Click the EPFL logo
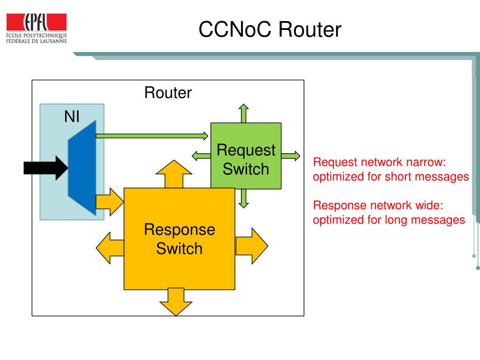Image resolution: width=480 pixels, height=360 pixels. point(37,28)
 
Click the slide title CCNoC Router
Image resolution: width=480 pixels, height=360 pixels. point(270,30)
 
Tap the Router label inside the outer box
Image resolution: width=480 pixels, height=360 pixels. point(168,92)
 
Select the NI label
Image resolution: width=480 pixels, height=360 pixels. point(72,116)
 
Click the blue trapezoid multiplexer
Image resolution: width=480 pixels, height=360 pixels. point(82,168)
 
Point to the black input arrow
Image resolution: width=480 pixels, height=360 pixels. point(46,168)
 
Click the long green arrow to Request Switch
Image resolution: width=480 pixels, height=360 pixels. point(152,135)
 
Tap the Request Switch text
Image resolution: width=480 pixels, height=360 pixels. point(246,159)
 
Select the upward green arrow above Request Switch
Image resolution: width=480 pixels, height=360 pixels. point(243,113)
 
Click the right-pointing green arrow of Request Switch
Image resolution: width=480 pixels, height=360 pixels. point(291,156)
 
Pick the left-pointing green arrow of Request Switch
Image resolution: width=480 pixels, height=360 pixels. point(202,156)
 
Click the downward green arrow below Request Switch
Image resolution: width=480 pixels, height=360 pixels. point(243,198)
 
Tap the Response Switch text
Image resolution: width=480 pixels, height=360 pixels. point(180,239)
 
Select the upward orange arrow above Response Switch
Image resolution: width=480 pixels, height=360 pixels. point(174,174)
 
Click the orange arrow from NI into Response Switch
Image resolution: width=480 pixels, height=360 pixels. point(110,202)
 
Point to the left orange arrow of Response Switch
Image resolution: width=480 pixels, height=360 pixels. point(110,248)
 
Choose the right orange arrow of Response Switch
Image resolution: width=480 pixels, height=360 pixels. point(252,246)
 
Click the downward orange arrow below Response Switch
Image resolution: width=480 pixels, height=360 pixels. point(176,302)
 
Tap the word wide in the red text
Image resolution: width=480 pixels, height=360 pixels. point(428,205)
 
